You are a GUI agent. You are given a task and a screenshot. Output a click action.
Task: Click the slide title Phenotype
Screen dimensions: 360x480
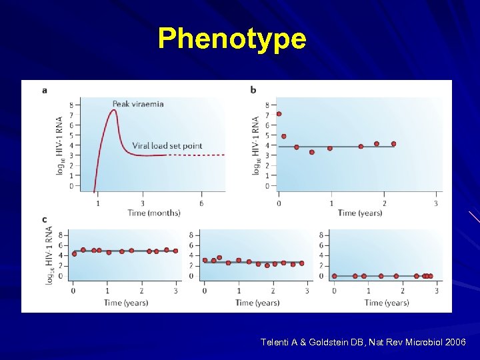(232, 39)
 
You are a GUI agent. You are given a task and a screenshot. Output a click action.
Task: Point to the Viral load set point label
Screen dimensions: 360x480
(167, 146)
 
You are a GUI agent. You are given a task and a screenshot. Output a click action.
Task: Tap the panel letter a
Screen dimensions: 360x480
(44, 90)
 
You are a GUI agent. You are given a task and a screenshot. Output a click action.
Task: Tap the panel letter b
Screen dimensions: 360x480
(253, 90)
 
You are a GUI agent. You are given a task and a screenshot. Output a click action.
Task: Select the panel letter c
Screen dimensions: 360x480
(44, 219)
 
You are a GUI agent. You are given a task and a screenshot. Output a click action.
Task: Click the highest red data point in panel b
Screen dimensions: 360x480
(279, 114)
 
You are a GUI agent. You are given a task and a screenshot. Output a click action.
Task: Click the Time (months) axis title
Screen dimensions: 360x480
(154, 213)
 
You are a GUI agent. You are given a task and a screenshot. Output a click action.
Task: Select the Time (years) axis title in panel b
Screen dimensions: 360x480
(360, 213)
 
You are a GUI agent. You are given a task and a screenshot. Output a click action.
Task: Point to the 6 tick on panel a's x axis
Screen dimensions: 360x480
(201, 203)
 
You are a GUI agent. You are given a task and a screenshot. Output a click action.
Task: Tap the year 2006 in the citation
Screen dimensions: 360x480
(455, 342)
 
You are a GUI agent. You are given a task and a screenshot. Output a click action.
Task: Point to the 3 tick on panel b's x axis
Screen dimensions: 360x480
(436, 203)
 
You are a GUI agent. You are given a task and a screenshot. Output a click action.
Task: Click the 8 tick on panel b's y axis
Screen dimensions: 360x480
(268, 105)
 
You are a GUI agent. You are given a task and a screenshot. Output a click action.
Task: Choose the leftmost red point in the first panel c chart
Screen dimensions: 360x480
(74, 253)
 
